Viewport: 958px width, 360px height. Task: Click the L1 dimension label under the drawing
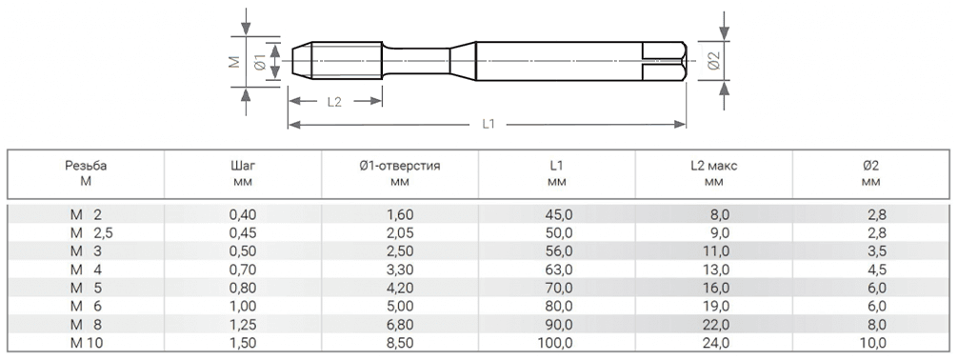coord(488,124)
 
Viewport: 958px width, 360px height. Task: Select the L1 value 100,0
coord(557,343)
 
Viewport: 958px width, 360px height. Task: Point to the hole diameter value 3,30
coord(400,270)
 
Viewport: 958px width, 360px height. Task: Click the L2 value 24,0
coord(714,343)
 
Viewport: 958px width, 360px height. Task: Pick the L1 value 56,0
coord(557,250)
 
